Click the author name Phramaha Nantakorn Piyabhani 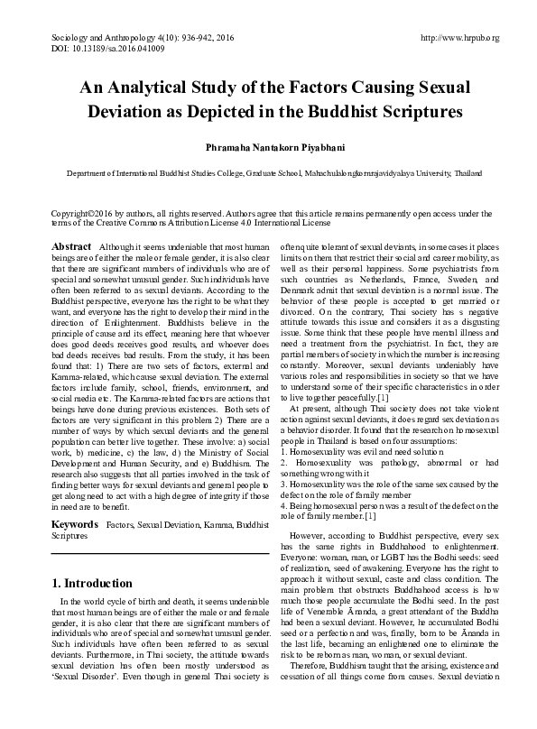click(x=268, y=146)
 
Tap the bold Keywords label click(x=75, y=523)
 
